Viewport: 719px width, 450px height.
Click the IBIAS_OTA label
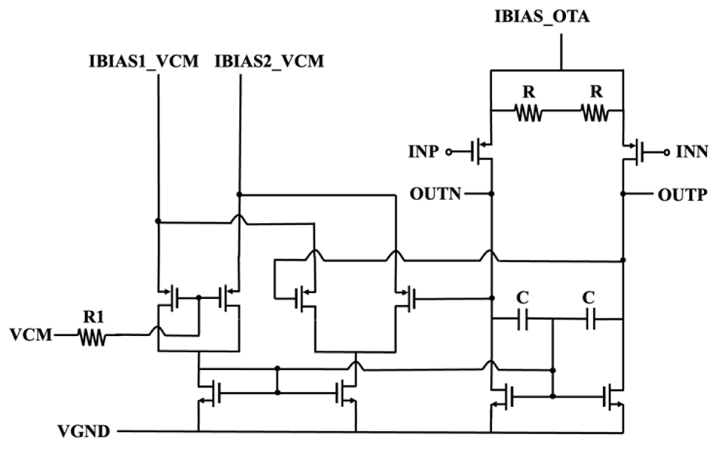[x=542, y=17]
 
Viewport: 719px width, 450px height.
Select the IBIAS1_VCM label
[x=144, y=61]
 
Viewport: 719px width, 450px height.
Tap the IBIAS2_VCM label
[x=269, y=61]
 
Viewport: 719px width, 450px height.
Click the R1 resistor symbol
[x=92, y=337]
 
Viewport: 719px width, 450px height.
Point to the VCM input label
[x=31, y=335]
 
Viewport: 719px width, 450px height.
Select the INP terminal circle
[x=448, y=152]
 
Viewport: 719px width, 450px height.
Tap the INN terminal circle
[x=667, y=152]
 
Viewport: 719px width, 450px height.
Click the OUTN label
[x=436, y=194]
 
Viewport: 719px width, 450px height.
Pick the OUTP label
[x=682, y=195]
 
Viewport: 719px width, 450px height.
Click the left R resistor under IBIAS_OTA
[x=528, y=113]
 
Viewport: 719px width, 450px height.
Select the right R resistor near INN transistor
[x=595, y=113]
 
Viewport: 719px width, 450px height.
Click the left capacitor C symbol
[x=523, y=320]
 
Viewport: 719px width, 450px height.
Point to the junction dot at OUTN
[x=491, y=194]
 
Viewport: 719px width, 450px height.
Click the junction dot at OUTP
[x=623, y=194]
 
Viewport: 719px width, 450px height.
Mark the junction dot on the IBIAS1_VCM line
[x=158, y=221]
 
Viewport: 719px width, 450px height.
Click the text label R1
[x=93, y=317]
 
